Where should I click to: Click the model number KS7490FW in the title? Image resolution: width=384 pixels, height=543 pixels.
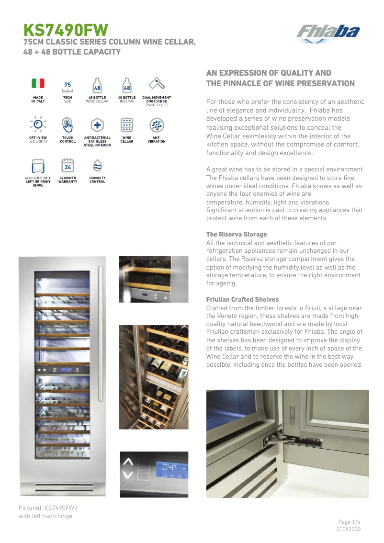[66, 30]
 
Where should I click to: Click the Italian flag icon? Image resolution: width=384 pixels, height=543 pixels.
[38, 83]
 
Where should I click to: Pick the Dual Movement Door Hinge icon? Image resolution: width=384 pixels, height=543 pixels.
[157, 84]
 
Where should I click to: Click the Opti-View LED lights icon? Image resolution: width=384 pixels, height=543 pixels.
[38, 124]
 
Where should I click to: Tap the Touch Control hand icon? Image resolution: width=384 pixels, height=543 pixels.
[68, 124]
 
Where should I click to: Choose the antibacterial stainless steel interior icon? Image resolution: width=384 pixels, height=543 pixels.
[97, 124]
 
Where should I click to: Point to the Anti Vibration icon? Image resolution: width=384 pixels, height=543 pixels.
[157, 124]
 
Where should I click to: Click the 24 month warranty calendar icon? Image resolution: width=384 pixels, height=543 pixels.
[68, 165]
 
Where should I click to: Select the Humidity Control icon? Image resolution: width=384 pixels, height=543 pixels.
[97, 165]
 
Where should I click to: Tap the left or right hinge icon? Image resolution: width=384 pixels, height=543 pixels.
[38, 166]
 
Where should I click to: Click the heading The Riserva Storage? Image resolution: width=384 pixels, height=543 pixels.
[237, 234]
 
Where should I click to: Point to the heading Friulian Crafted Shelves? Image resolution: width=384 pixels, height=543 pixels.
[242, 299]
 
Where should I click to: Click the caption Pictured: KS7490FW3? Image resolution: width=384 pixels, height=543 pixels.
[48, 507]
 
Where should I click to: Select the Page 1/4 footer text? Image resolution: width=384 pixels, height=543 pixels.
[349, 521]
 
